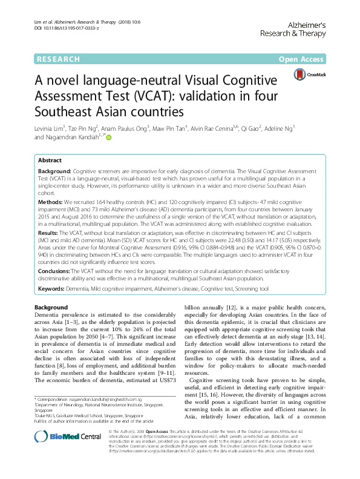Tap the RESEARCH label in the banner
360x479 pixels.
[58, 59]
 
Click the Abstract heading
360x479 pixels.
[50, 161]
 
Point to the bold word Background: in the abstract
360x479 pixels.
[56, 173]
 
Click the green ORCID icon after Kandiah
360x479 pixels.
[110, 138]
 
